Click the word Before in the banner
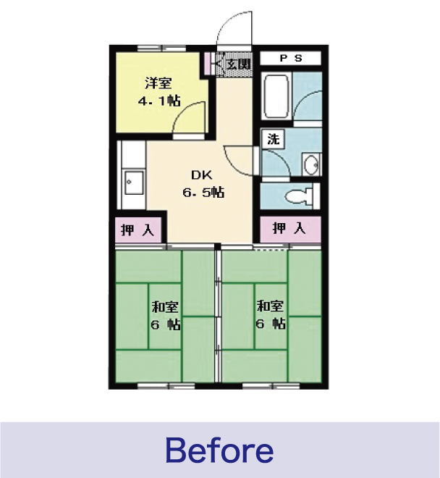[x=219, y=450]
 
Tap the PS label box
[x=290, y=58]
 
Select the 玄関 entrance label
[x=240, y=64]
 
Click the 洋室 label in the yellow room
[x=158, y=83]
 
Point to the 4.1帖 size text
[x=159, y=101]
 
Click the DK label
[x=201, y=175]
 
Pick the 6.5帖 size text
[x=203, y=193]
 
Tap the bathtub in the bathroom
[x=276, y=96]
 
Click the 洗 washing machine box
[x=274, y=139]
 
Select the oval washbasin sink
[x=312, y=164]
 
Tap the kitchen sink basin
[x=134, y=183]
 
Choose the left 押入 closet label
[x=137, y=230]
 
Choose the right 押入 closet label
[x=289, y=228]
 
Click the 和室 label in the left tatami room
[x=165, y=306]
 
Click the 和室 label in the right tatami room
[x=270, y=306]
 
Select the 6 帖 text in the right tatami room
[x=270, y=323]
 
